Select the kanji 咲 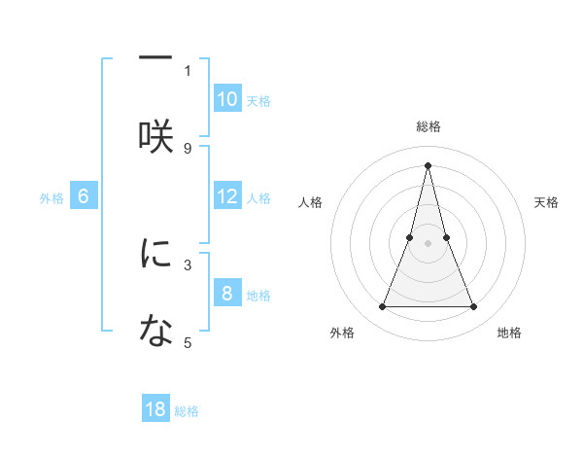[x=155, y=137]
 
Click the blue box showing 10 [x=227, y=99]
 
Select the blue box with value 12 [x=227, y=196]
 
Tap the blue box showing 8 [x=227, y=294]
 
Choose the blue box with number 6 [x=84, y=196]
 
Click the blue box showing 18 [x=155, y=409]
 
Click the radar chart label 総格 [x=428, y=126]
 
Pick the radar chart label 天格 [x=547, y=202]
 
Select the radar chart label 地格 [x=509, y=333]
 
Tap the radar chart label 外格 [x=342, y=333]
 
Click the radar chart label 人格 [x=310, y=202]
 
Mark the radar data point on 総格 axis [x=428, y=164]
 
